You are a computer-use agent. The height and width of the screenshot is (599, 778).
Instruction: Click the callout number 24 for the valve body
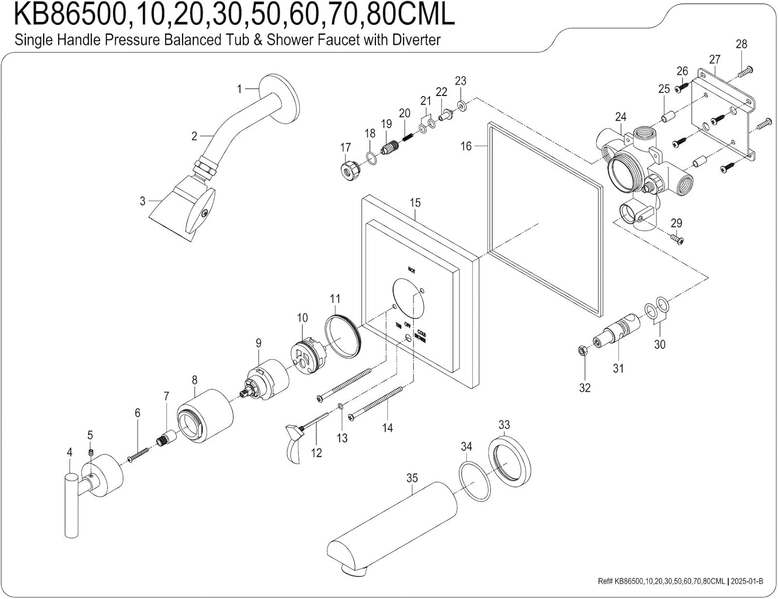[x=621, y=117]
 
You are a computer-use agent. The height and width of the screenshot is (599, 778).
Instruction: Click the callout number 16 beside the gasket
[x=466, y=146]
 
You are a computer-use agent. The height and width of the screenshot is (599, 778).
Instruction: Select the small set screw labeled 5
[x=90, y=454]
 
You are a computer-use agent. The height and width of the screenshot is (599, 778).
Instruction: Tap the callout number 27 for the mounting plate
[x=715, y=60]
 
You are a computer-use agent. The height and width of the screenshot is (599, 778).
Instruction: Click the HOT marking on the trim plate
[x=411, y=270]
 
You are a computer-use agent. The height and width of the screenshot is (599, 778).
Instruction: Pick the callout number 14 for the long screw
[x=387, y=428]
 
